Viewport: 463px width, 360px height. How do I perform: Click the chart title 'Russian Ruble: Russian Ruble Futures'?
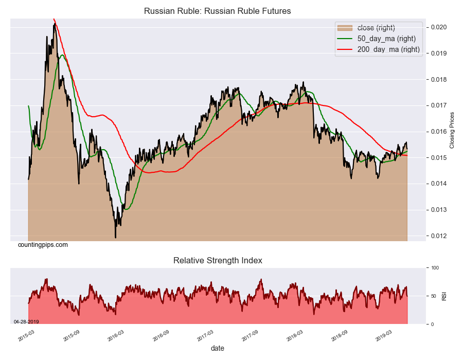click(x=217, y=11)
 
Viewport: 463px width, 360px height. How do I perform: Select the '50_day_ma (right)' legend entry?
click(x=386, y=39)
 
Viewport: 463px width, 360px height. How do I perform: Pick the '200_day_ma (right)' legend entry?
click(x=388, y=50)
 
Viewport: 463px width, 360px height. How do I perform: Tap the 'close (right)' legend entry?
click(x=376, y=27)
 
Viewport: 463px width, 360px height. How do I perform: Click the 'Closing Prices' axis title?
click(x=453, y=130)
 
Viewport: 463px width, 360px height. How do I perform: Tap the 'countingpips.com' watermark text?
click(x=43, y=245)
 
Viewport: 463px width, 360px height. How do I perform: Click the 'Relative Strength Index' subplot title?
click(x=218, y=261)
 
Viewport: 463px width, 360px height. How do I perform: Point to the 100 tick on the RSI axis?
click(x=435, y=268)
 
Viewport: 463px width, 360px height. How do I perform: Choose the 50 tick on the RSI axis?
click(x=434, y=296)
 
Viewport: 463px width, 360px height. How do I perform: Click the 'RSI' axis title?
click(x=444, y=296)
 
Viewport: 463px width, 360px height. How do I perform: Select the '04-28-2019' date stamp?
click(x=26, y=322)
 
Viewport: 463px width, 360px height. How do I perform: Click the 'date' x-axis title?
click(x=218, y=348)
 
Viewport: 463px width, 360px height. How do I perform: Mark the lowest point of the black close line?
click(x=115, y=238)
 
